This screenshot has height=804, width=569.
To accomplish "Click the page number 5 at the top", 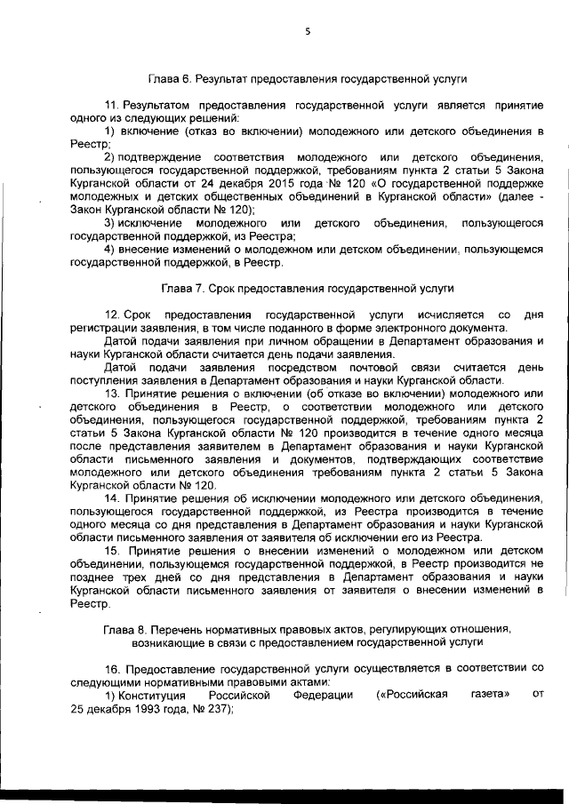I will click(x=307, y=30).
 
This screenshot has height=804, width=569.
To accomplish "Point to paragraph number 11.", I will click(x=111, y=105).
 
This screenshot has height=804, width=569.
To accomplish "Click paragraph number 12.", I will click(x=111, y=315).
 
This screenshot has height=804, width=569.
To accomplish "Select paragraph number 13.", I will click(x=111, y=394).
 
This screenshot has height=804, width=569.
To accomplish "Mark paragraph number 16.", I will click(x=111, y=667).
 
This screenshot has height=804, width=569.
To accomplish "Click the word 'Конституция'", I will click(x=152, y=695).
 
